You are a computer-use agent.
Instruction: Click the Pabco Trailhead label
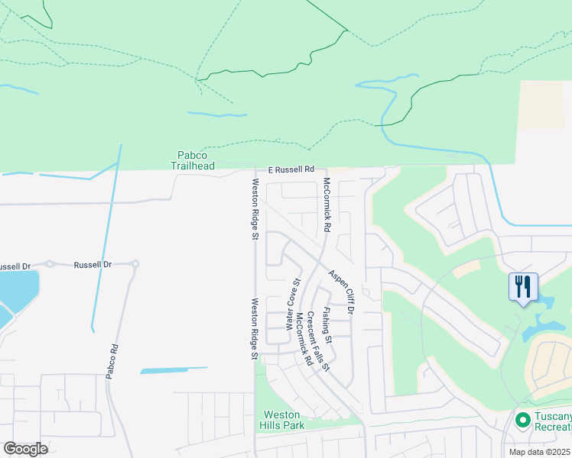point(192,160)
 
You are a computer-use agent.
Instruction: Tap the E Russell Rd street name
point(291,169)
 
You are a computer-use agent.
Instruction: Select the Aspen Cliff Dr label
point(342,292)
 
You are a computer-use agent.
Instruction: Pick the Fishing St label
point(327,324)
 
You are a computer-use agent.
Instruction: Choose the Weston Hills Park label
point(281,420)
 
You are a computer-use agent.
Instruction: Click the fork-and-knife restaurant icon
point(524,287)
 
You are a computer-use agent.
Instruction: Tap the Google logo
point(25,449)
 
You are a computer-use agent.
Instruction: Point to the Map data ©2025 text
point(540,452)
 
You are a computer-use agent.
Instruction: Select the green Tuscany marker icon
point(523,420)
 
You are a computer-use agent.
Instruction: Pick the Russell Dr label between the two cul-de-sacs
point(93,264)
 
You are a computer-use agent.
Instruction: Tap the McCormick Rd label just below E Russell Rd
point(327,205)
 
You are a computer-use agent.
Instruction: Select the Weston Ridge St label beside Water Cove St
point(254,328)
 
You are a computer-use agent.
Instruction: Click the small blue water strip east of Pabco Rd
point(174,370)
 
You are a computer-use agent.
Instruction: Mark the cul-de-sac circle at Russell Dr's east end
point(135,265)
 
